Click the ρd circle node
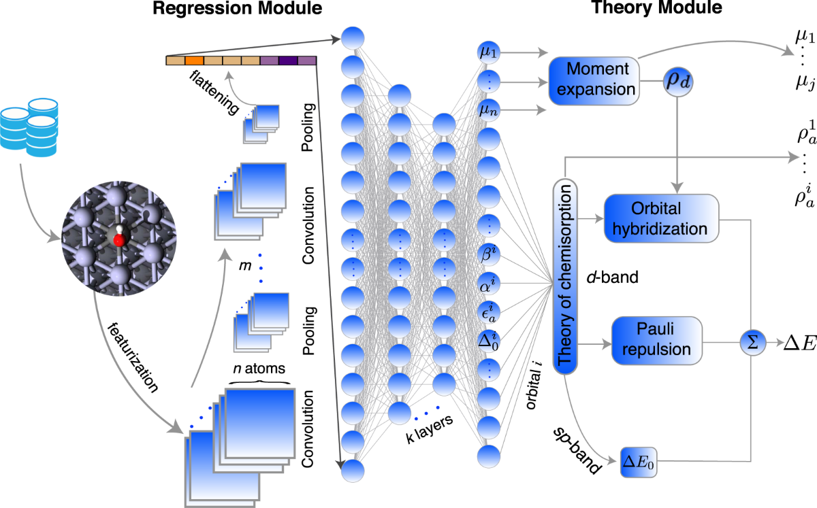[677, 80]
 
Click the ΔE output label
[795, 339]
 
